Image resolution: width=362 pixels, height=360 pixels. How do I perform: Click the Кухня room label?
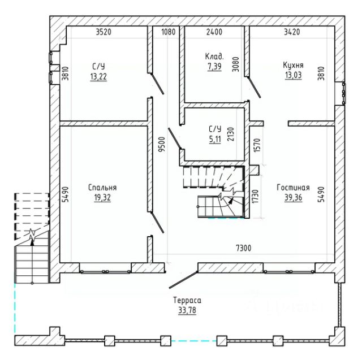[293, 65]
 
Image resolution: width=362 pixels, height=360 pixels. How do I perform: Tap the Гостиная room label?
[293, 188]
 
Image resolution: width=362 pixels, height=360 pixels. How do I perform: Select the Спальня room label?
[102, 188]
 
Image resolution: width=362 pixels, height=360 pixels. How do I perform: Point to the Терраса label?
[187, 300]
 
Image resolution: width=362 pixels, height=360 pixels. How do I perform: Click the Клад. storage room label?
[214, 57]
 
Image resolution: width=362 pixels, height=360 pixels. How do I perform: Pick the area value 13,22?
[98, 76]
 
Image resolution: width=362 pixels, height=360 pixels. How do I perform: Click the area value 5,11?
[215, 139]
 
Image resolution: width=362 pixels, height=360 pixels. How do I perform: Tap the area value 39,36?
[293, 198]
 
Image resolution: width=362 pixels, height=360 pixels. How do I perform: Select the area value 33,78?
[187, 310]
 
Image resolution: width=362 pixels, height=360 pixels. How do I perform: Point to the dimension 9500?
[162, 144]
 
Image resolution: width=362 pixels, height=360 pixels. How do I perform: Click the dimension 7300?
[244, 248]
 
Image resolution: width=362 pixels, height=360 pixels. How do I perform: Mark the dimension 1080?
[169, 32]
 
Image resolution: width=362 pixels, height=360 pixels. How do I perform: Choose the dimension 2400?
[214, 32]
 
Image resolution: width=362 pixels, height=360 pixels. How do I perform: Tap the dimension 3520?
[104, 32]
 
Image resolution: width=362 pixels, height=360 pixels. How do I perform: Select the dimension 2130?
[230, 135]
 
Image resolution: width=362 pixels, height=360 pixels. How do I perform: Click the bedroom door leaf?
[157, 223]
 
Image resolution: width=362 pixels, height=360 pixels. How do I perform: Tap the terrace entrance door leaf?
[183, 280]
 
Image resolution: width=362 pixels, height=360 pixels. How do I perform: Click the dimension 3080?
[236, 64]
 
